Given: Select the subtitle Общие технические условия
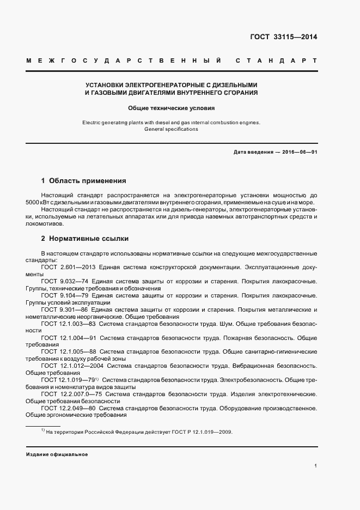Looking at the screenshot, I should [x=172, y=108].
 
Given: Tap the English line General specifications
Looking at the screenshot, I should [x=172, y=129].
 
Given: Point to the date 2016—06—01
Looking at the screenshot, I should [x=299, y=152].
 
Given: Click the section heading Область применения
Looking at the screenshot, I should [x=88, y=180].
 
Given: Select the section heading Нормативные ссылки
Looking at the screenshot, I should [x=89, y=239].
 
